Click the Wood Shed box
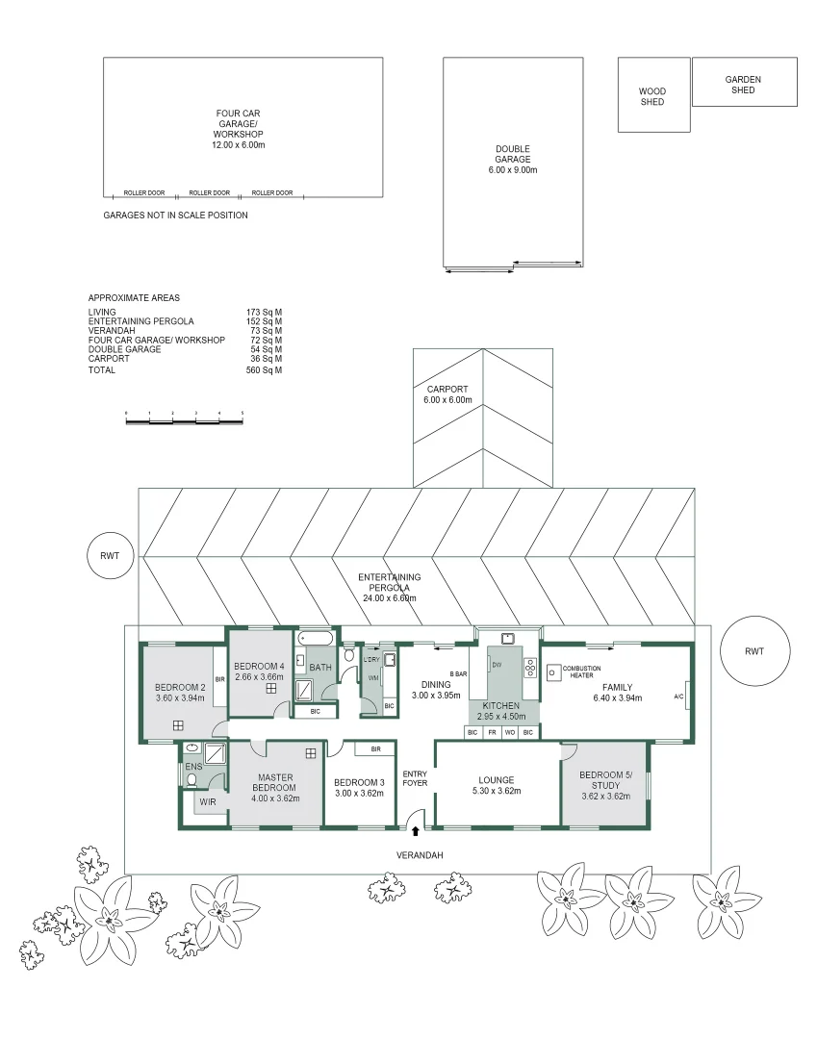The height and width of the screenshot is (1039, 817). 653,94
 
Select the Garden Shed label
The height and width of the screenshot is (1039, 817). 743,85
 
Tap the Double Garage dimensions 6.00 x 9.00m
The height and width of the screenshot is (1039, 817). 512,170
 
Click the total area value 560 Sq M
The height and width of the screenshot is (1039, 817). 264,370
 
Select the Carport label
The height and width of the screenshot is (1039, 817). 447,389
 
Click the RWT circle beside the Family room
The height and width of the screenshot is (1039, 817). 754,651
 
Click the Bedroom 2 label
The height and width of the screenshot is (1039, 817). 180,687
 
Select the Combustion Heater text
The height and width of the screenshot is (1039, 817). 581,672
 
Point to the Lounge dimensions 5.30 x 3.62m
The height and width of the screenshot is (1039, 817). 497,792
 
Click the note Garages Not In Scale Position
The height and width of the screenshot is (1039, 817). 175,215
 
